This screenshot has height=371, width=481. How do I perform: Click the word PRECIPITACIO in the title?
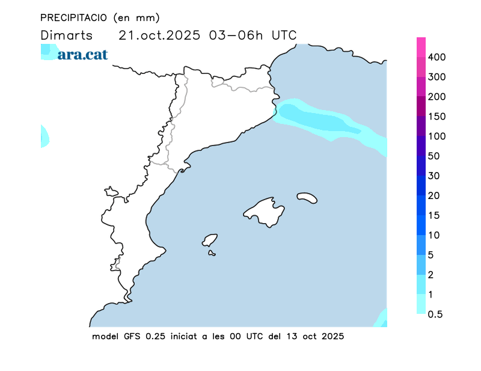click(74, 17)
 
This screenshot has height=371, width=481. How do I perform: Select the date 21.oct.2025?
click(160, 35)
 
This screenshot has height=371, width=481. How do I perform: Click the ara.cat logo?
click(83, 55)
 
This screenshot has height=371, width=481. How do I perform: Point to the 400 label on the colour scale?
click(437, 57)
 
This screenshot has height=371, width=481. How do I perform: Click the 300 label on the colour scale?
click(437, 77)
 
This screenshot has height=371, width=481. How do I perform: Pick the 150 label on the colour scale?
click(437, 117)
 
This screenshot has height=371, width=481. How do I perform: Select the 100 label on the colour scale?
click(437, 136)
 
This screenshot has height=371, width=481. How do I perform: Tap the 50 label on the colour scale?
click(434, 156)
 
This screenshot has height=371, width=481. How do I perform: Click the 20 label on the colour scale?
click(434, 195)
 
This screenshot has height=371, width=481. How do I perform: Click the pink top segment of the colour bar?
click(421, 47)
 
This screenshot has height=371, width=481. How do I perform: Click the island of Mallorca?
click(265, 211)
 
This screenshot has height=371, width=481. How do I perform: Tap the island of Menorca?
click(307, 197)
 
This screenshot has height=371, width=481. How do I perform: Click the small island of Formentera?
click(212, 253)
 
